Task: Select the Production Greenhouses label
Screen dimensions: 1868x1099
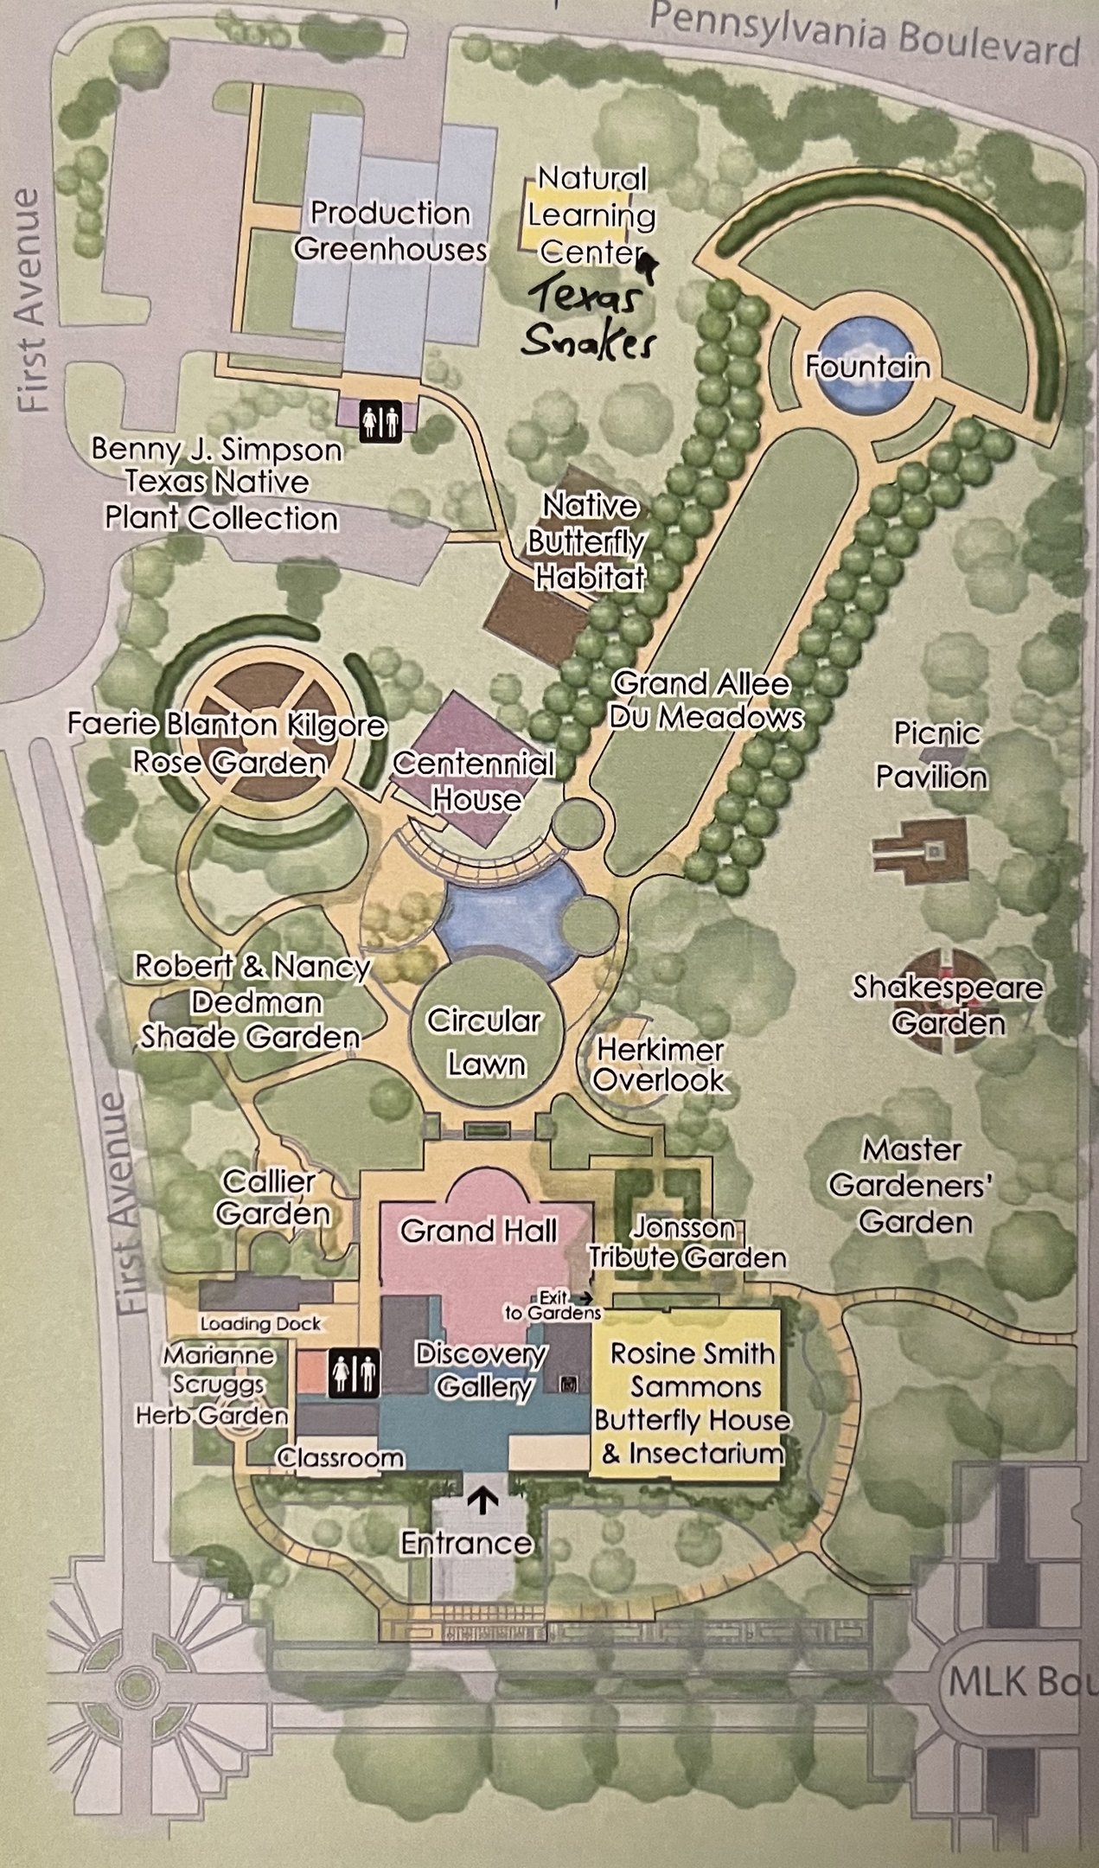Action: tap(389, 231)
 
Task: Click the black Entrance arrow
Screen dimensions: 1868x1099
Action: tap(482, 1500)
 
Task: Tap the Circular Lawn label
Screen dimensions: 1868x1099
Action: tap(485, 1041)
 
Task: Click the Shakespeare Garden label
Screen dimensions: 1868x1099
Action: tap(948, 1005)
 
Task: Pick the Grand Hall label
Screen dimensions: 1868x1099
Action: tap(478, 1230)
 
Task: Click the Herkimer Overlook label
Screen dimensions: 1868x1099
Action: tap(659, 1065)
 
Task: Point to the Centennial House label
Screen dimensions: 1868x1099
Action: tap(474, 781)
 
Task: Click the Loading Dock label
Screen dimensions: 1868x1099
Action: tap(260, 1323)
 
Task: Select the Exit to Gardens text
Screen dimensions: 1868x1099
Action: tap(553, 1305)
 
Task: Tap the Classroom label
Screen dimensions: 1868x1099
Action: tap(341, 1457)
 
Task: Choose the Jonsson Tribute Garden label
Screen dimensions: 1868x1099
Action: tap(687, 1242)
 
